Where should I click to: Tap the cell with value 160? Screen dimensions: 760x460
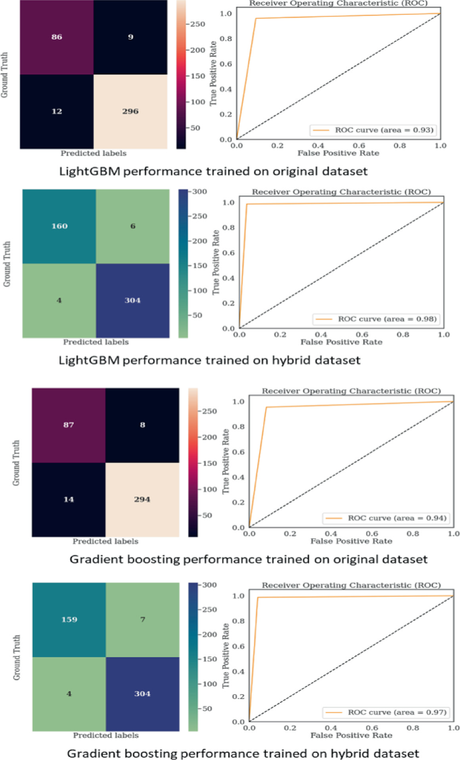[59, 226]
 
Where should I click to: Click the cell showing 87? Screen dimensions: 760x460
[68, 425]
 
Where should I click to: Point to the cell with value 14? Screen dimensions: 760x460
[68, 500]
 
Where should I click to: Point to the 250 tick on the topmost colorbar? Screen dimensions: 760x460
[197, 24]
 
